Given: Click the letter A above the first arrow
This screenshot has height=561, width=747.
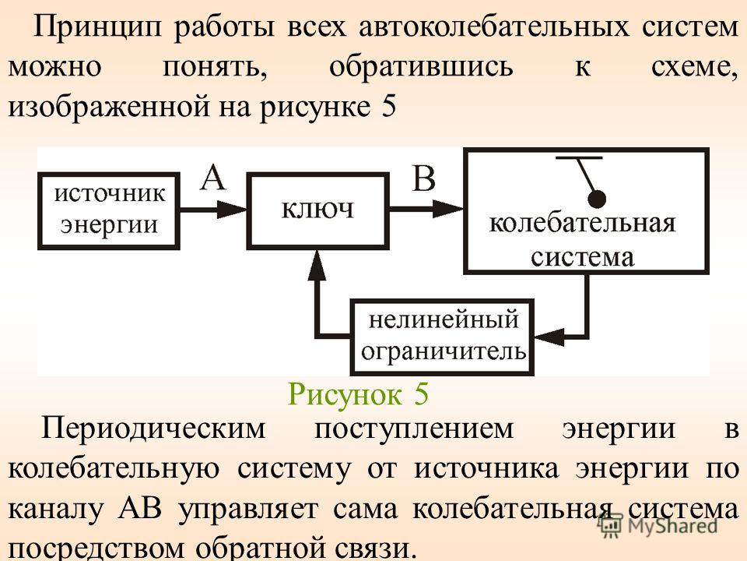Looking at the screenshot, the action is [212, 178].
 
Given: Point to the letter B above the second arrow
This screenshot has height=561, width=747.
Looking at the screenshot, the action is [423, 178].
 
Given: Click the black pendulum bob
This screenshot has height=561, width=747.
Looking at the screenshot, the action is [596, 199].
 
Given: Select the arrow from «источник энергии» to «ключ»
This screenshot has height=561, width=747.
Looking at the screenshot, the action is [213, 210].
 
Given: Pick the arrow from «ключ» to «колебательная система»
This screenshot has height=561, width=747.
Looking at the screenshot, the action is [427, 209].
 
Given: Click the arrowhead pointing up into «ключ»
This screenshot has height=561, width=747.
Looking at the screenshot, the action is [317, 264].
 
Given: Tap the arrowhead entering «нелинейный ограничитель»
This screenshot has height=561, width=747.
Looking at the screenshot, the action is [549, 336].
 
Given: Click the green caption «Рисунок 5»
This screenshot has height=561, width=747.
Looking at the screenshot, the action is [358, 394].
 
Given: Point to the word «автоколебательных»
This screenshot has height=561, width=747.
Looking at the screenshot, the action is [493, 26].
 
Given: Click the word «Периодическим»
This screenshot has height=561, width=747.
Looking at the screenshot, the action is [153, 429].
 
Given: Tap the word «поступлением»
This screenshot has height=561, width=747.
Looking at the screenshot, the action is [414, 429].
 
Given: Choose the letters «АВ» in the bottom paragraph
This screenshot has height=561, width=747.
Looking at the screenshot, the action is [139, 509].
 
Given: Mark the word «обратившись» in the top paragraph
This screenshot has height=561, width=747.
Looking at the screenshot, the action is [421, 67].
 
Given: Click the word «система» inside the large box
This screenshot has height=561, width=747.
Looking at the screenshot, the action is [582, 257].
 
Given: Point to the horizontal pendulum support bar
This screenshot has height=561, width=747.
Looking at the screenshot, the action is [579, 157].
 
